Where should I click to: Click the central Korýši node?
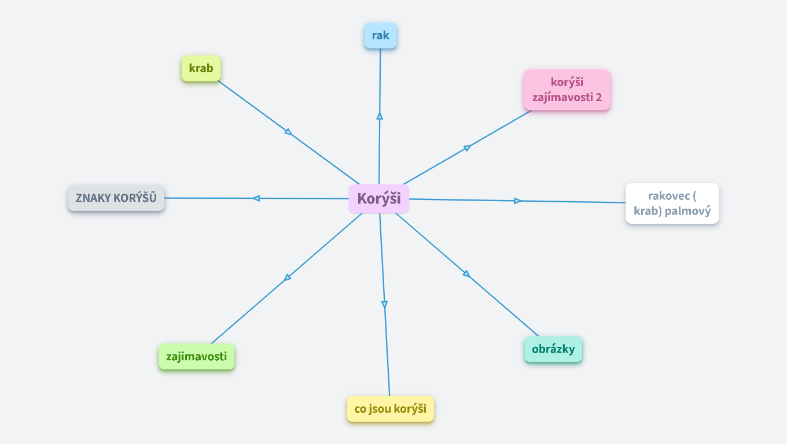379,199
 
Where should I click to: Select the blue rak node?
380,36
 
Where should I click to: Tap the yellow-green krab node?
201,68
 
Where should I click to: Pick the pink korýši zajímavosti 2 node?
567,90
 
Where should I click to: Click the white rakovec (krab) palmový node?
672,203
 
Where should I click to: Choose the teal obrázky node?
553,349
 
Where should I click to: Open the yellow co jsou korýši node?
390,409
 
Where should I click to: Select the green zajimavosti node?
196,356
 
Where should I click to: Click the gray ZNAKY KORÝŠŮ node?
116,198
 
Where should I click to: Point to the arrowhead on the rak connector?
380,116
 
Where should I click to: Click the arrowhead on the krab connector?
288,132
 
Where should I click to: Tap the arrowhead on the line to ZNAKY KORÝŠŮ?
256,198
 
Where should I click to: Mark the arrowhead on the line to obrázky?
466,273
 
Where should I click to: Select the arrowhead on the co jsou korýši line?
384,304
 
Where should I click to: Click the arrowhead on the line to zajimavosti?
288,277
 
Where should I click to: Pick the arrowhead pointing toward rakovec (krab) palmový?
517,201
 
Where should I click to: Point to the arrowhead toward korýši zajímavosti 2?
467,148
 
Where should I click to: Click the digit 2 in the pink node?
598,97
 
